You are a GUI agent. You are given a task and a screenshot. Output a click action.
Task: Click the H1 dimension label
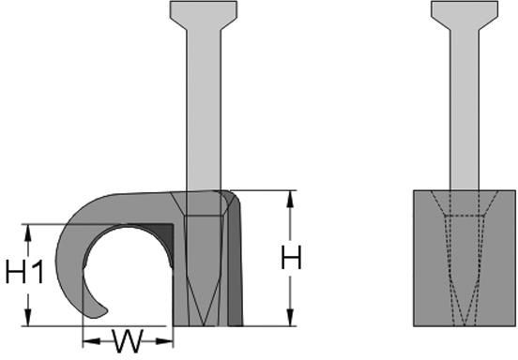click(x=24, y=272)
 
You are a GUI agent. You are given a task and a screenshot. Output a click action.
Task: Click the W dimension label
click(x=128, y=341)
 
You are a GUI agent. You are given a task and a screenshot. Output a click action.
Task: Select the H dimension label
click(x=291, y=258)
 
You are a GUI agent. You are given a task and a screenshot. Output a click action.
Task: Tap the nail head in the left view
click(x=204, y=15)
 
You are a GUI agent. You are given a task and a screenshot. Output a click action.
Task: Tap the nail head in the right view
click(x=465, y=15)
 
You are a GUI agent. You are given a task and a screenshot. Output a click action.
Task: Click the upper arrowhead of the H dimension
click(x=290, y=199)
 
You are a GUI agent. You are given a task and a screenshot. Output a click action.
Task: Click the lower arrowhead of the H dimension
click(x=290, y=318)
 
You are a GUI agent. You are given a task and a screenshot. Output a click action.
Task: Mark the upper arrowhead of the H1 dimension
click(x=28, y=232)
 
